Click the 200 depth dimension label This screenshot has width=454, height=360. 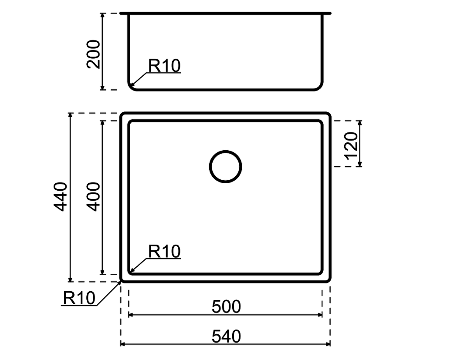click(94, 54)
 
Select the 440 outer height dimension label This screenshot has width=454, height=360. click(61, 196)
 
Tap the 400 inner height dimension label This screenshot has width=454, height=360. click(94, 196)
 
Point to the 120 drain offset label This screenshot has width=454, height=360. click(351, 145)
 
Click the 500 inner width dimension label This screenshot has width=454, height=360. click(226, 307)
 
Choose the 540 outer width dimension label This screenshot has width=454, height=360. click(226, 336)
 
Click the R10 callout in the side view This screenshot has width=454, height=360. click(164, 66)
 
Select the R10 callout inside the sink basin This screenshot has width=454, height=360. click(164, 251)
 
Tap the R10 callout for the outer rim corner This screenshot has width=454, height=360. click(79, 298)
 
